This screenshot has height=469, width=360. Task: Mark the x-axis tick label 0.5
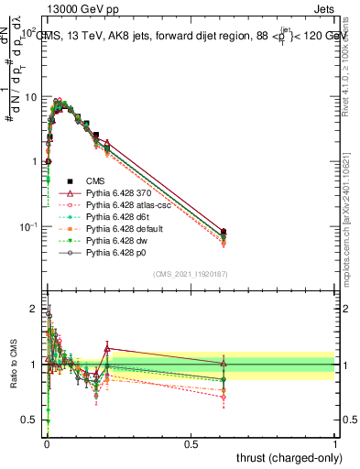point(191,442)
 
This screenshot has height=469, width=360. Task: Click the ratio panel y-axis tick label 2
point(33,309)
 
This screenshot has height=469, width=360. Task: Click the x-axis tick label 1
point(334,442)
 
